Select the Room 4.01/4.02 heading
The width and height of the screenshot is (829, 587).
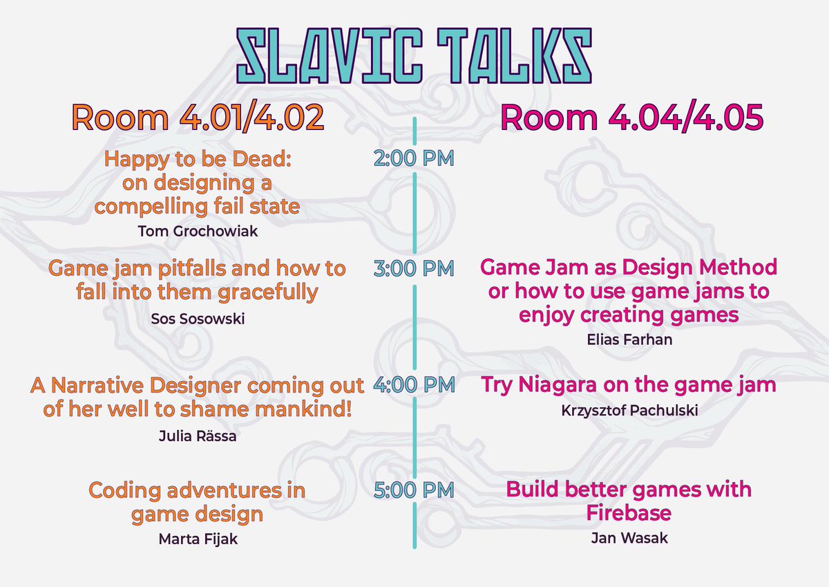coord(198,118)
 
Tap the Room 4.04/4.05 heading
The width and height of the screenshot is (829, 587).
coord(631,118)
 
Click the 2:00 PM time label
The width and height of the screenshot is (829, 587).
coord(414,159)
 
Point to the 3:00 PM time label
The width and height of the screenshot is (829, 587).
coord(414,268)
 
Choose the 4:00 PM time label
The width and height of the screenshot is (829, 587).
coord(414,384)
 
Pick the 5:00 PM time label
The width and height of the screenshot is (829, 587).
coord(414,490)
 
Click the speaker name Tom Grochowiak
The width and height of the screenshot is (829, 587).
coord(198,231)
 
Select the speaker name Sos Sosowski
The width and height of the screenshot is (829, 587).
coord(198,319)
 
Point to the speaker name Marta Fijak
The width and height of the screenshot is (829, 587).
coord(198,539)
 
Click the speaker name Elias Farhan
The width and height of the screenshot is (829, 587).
coord(629,339)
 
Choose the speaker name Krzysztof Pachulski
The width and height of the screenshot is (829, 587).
coord(629,411)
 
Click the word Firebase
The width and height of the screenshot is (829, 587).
coord(629,514)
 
